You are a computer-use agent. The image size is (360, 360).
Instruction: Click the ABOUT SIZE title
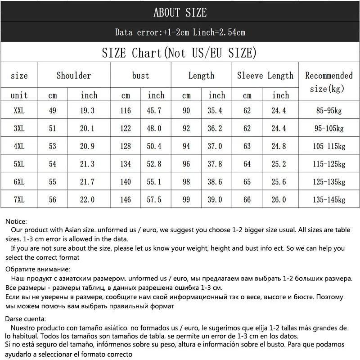(180, 12)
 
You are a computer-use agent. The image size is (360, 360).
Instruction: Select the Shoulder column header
(74, 76)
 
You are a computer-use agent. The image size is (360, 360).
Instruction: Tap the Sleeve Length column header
(265, 76)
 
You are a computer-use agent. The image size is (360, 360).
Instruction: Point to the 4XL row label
(19, 146)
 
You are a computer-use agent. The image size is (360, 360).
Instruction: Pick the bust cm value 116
(126, 111)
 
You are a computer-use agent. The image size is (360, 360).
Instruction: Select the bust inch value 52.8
(156, 164)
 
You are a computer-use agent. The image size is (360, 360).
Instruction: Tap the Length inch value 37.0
(217, 146)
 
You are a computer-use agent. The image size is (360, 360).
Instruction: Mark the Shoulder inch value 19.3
(89, 111)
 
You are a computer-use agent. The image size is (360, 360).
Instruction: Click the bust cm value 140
(126, 182)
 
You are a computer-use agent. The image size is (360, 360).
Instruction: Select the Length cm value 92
(186, 128)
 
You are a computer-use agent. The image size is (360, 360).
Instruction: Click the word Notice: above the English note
(17, 221)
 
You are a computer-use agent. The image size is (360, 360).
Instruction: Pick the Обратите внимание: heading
(38, 270)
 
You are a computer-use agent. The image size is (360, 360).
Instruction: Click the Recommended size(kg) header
(329, 82)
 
